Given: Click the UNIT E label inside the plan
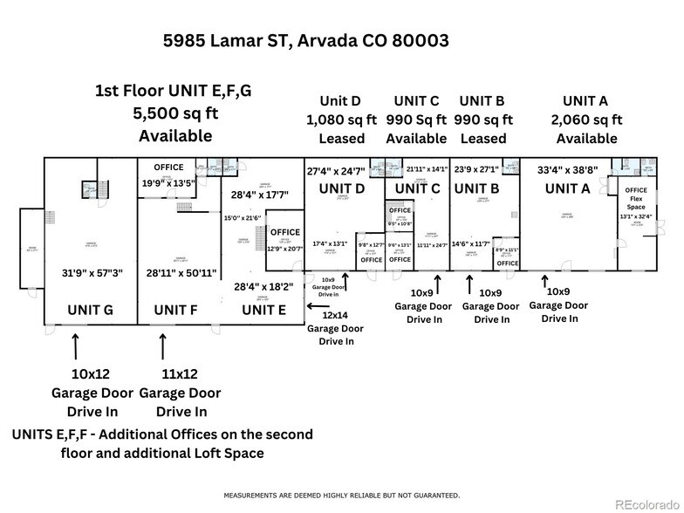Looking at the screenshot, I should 263,310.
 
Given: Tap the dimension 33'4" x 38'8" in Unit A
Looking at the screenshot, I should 567,172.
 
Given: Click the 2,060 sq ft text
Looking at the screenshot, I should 586,120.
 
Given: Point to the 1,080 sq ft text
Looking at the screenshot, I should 342,120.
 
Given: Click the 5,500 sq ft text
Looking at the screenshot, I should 175,113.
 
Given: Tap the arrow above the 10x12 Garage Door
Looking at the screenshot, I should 76,346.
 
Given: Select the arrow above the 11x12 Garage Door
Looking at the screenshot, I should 162,346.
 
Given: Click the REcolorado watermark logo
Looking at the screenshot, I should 645,503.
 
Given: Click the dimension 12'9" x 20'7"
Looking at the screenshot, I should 284,248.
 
